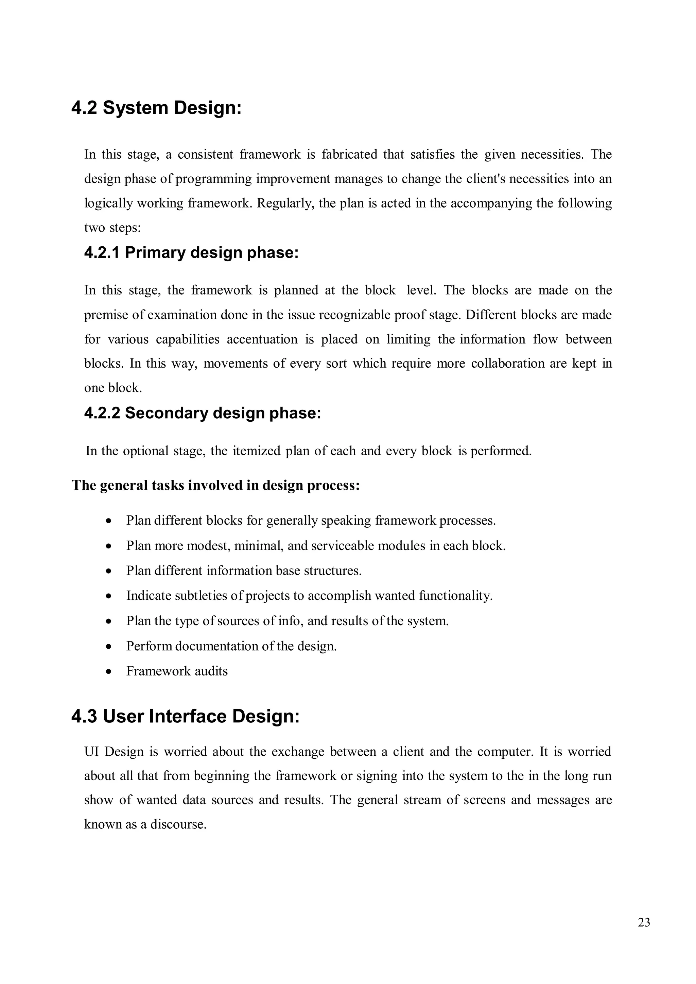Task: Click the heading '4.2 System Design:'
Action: [x=156, y=108]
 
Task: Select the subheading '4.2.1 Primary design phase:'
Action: [x=191, y=252]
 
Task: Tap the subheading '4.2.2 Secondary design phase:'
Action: [x=202, y=413]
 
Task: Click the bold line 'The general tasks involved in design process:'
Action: [x=215, y=485]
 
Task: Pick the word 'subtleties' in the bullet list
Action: [x=202, y=596]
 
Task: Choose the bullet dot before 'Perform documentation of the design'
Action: [x=109, y=646]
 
